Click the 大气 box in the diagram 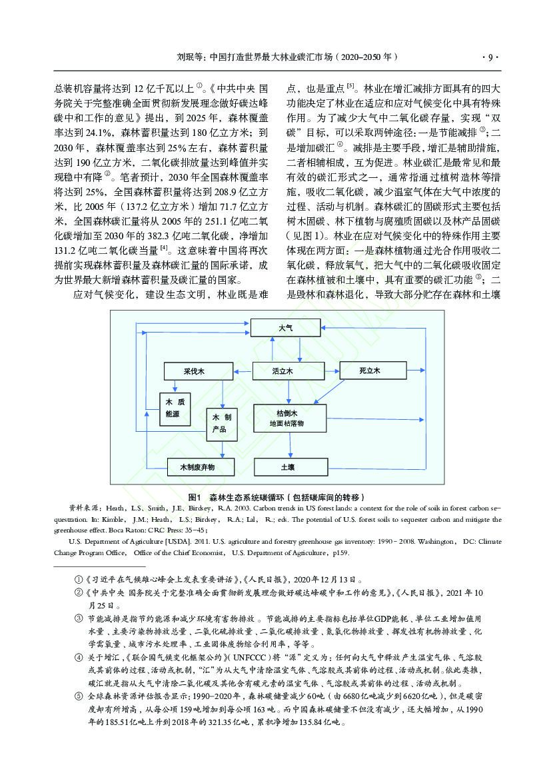pyautogui.click(x=284, y=329)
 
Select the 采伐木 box pyautogui.click(x=193, y=371)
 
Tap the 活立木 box pyautogui.click(x=282, y=371)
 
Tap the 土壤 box pyautogui.click(x=287, y=467)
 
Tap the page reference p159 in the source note pyautogui.click(x=337, y=552)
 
